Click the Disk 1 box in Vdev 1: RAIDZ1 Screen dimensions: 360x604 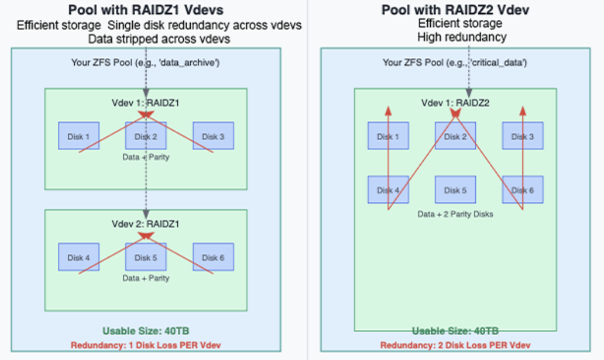coord(79,136)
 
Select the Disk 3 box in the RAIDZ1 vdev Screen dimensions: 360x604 coord(213,136)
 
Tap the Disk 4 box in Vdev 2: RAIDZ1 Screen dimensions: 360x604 coord(79,257)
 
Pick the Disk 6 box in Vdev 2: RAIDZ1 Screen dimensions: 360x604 coord(213,257)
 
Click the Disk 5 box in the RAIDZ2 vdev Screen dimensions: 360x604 coord(456,190)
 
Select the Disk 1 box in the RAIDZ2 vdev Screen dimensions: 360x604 coord(388,136)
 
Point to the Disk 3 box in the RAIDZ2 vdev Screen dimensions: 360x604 coord(523,136)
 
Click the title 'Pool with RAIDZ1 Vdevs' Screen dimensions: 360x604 coord(146,10)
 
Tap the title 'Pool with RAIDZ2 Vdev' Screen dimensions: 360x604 coord(455,10)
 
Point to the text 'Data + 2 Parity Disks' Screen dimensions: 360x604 coord(456,214)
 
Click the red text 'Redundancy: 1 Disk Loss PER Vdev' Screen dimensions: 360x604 coord(146,345)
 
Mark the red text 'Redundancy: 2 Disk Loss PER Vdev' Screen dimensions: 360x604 coord(455,345)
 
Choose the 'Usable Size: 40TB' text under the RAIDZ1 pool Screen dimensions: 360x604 coord(146,331)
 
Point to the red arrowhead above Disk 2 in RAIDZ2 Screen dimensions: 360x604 coord(456,112)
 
